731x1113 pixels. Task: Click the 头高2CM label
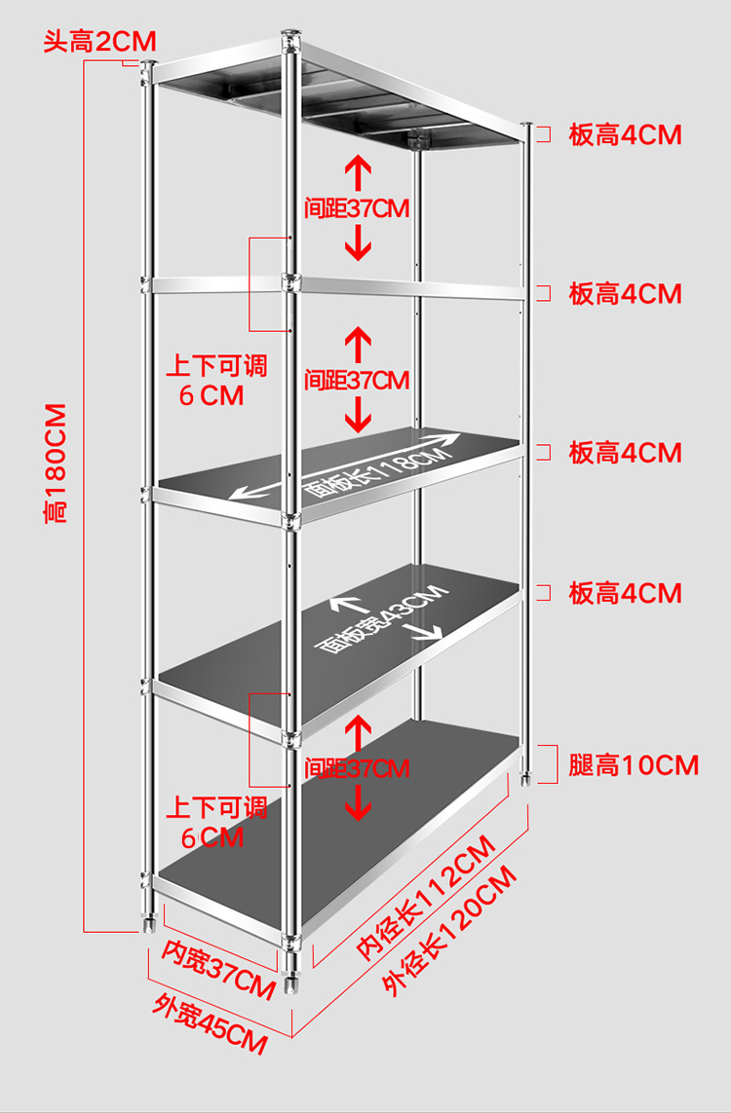tap(98, 42)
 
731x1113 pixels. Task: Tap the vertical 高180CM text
tap(56, 464)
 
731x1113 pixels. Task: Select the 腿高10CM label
tap(634, 764)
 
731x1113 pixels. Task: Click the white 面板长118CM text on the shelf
tap(378, 471)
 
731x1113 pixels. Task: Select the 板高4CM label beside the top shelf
tap(625, 134)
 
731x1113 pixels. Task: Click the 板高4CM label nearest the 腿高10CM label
tap(625, 592)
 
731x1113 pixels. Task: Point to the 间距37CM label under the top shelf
tap(357, 208)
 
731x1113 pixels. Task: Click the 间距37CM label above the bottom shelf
tap(357, 768)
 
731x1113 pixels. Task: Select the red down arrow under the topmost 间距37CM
tap(360, 241)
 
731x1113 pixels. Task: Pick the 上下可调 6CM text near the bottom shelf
tap(215, 822)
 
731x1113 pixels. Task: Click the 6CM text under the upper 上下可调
tap(212, 395)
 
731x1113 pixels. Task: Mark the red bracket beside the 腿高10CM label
tap(548, 763)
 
